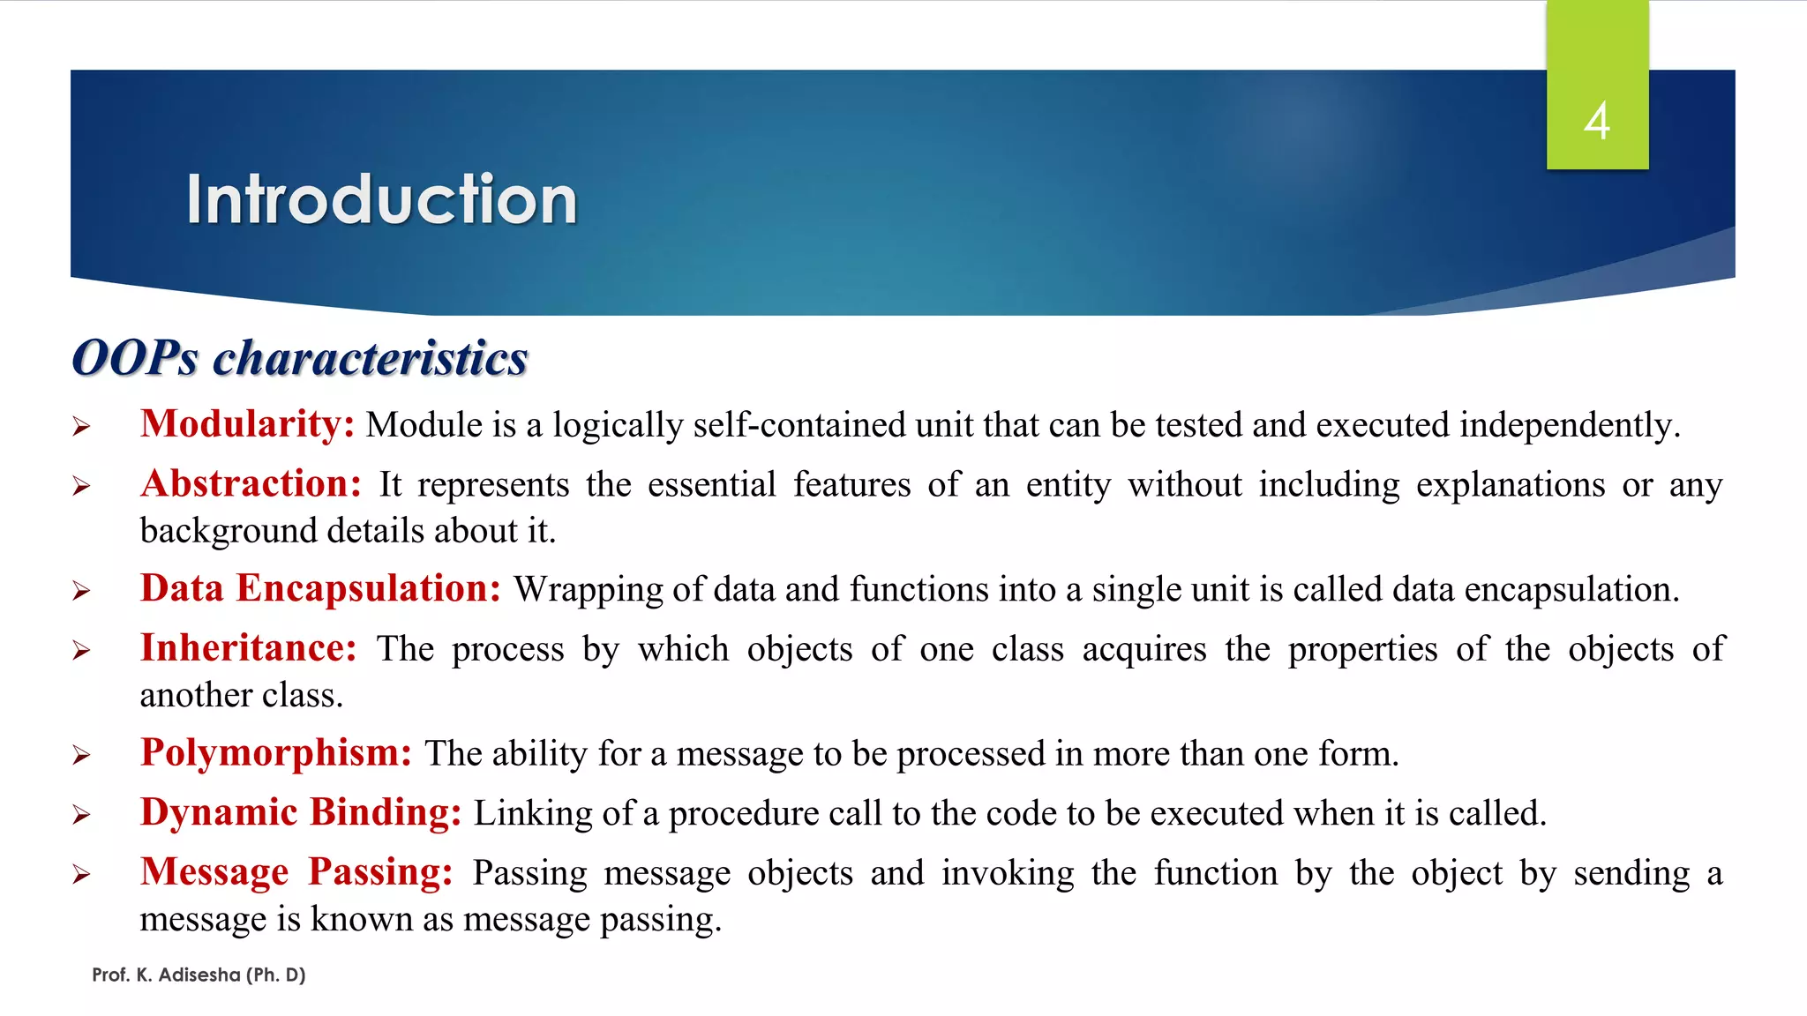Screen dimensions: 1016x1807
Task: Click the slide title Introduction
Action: point(381,199)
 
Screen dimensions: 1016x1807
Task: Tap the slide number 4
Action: point(1597,121)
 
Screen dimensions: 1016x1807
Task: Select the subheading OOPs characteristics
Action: point(299,358)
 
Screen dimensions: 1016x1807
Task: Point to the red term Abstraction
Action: point(251,484)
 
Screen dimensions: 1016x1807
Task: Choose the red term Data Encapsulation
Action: point(320,588)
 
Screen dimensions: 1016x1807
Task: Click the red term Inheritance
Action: point(248,648)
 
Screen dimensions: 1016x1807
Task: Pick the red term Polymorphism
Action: point(275,753)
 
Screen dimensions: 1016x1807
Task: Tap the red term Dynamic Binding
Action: point(300,812)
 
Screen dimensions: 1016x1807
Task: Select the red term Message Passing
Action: point(296,872)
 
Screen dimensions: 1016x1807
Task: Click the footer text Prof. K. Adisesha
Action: point(199,975)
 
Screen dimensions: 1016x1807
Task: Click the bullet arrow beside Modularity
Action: point(81,428)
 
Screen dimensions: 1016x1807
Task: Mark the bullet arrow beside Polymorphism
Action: point(81,756)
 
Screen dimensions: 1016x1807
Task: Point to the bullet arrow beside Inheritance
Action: point(81,652)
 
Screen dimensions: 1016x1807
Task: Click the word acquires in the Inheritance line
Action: point(1143,650)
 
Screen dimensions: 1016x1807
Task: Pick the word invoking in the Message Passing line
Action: point(1007,874)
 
